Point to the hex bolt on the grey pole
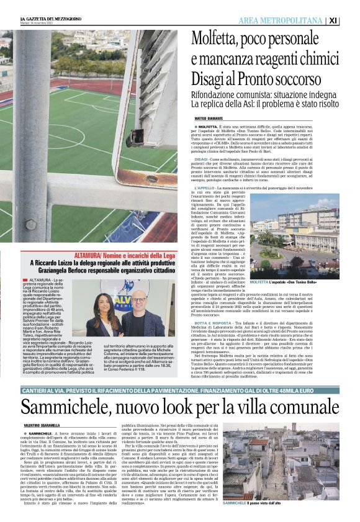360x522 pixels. [30, 223]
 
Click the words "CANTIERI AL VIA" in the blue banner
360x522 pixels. [42, 373]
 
